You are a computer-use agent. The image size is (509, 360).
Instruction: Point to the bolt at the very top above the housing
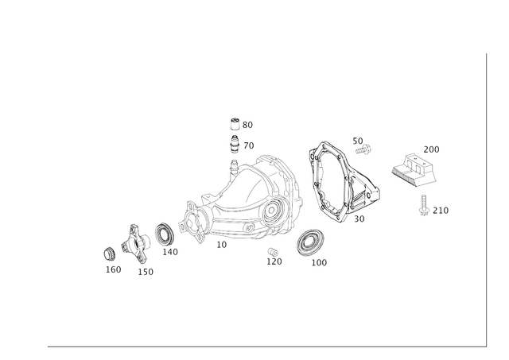pyautogui.click(x=234, y=123)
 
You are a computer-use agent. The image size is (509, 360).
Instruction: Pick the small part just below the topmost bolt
pyautogui.click(x=234, y=145)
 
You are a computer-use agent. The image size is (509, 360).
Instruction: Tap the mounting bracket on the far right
pyautogui.click(x=414, y=169)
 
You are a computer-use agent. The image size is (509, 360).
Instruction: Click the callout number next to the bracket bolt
pyautogui.click(x=443, y=210)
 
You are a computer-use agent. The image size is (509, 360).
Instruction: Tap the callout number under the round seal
pyautogui.click(x=319, y=261)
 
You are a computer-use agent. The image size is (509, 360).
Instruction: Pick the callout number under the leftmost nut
pyautogui.click(x=113, y=269)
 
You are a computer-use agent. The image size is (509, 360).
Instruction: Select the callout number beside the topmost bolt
pyautogui.click(x=247, y=124)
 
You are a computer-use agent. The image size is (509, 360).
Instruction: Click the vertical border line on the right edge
pyautogui.click(x=484, y=199)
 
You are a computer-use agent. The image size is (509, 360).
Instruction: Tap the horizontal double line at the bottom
pyautogui.click(x=262, y=346)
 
